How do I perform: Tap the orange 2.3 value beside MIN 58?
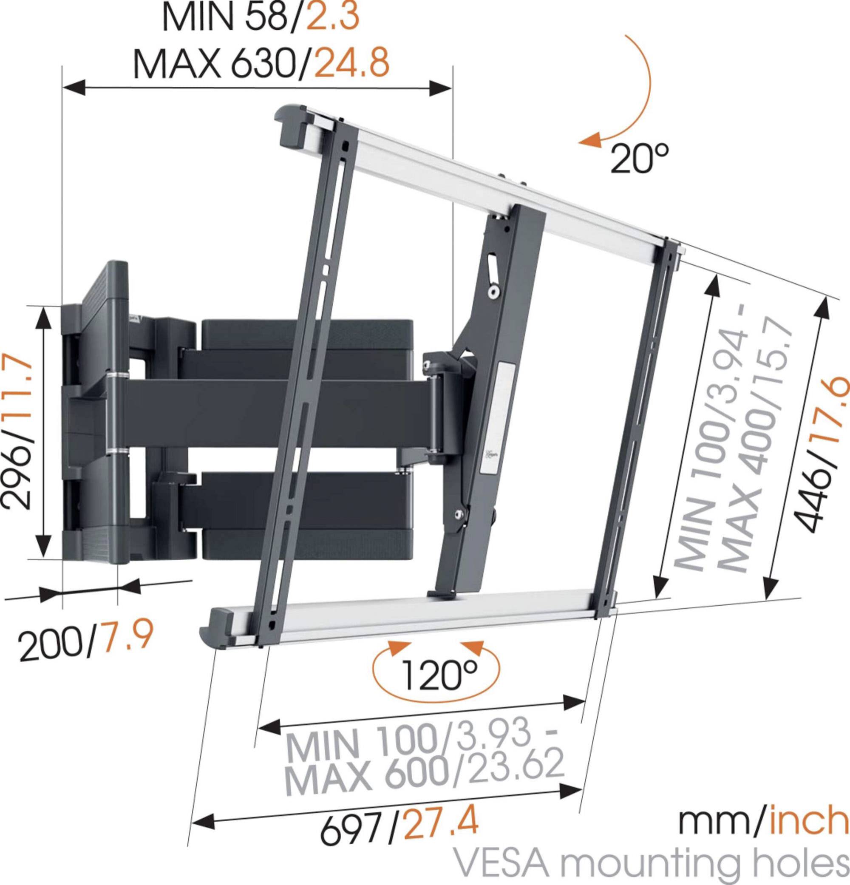(x=333, y=17)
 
